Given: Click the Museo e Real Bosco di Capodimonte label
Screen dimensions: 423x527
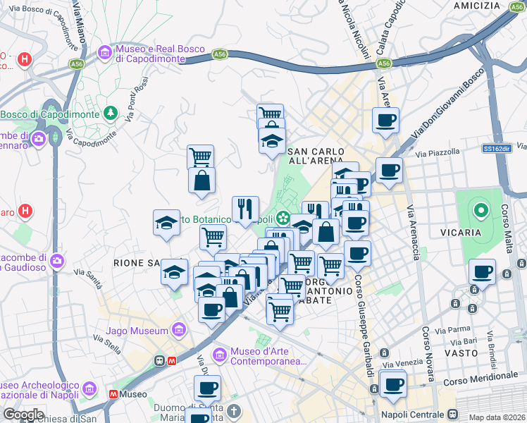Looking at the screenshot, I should coord(161,54).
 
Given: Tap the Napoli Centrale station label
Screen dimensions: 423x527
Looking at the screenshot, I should coord(412,415).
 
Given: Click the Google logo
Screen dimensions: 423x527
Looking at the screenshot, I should coord(23,415).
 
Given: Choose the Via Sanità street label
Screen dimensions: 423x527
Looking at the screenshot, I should coord(88,277).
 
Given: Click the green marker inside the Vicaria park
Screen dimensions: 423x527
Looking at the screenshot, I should coord(481,210).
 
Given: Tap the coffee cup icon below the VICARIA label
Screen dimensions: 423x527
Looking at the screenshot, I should coord(483,272).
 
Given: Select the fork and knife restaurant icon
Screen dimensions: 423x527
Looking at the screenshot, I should coord(245,208).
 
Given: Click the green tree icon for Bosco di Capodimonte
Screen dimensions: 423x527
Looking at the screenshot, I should coord(110,113).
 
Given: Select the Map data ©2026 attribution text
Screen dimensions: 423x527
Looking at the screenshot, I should coord(497,417).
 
